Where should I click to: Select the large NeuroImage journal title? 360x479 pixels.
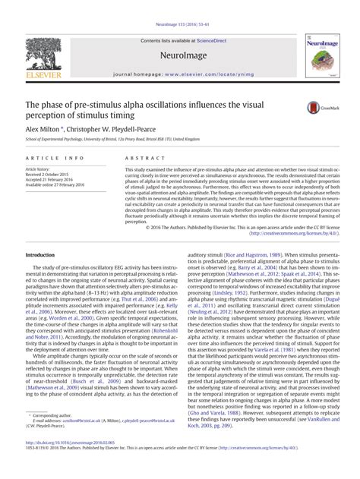180,55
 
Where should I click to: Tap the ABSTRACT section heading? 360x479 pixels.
129,156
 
